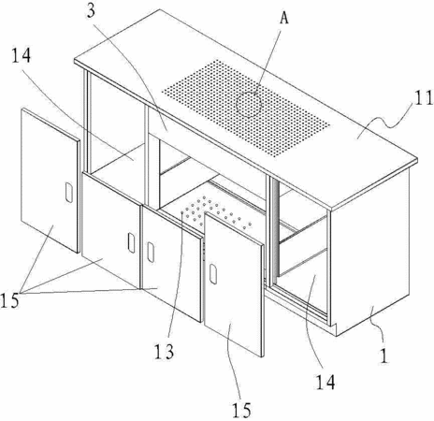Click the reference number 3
tap(90, 11)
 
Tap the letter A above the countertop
tap(283, 18)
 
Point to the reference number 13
tap(164, 353)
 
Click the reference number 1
tap(384, 356)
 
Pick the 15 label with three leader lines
tap(9, 301)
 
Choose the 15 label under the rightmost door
tap(241, 410)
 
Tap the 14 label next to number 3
tap(22, 56)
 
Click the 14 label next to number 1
tap(325, 382)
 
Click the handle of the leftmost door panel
tap(69, 193)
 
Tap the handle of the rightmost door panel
tap(213, 274)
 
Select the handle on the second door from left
tap(132, 242)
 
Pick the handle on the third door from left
tap(151, 252)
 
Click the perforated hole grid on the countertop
tap(246, 109)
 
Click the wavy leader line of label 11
tap(386, 120)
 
